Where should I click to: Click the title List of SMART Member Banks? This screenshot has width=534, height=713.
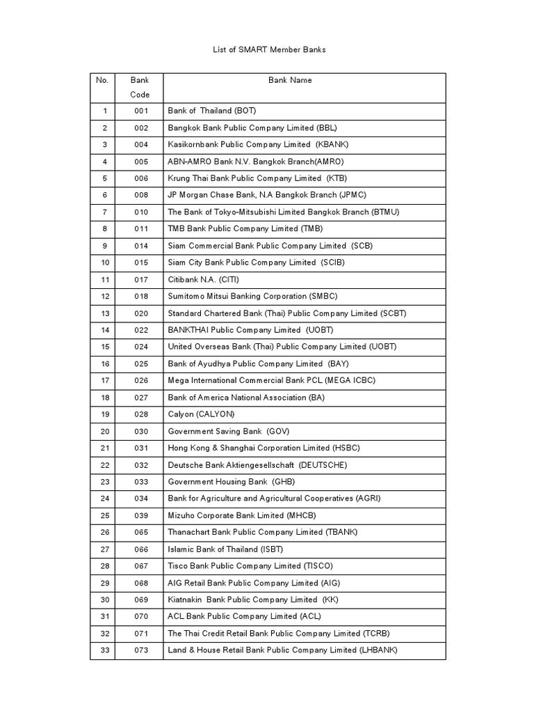click(268, 50)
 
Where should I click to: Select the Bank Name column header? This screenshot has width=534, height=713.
click(290, 80)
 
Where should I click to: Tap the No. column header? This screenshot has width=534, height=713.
click(102, 80)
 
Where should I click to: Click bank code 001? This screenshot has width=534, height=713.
click(141, 111)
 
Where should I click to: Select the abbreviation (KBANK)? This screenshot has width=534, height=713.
click(332, 145)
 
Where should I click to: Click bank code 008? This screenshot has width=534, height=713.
click(141, 195)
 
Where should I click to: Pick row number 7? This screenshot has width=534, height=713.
click(105, 212)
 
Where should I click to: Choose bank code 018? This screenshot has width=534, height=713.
click(141, 297)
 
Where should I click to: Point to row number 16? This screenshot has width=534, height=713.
click(105, 364)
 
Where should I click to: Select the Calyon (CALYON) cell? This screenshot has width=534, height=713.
click(202, 414)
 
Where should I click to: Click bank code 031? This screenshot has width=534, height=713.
click(141, 448)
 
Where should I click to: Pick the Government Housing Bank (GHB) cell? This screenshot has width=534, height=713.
click(227, 482)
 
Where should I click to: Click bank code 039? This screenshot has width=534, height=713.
click(141, 516)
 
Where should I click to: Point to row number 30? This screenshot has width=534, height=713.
click(105, 600)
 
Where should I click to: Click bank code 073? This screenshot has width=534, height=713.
click(141, 650)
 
